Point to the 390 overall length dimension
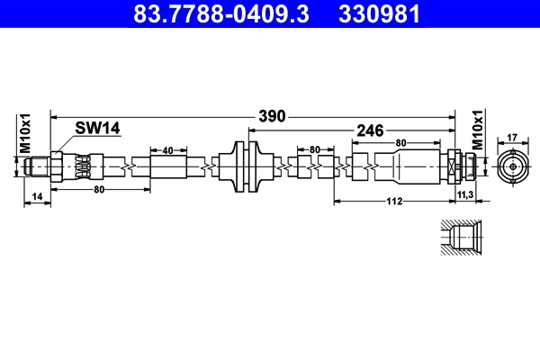(x=272, y=116)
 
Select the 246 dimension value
(x=371, y=130)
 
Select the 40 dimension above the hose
(x=168, y=150)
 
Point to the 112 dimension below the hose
(x=393, y=202)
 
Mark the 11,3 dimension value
(x=466, y=195)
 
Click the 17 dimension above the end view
(x=512, y=138)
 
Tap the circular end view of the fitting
(x=512, y=167)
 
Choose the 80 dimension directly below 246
(x=400, y=142)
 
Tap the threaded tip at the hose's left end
(x=37, y=167)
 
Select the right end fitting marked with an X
(x=453, y=167)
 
